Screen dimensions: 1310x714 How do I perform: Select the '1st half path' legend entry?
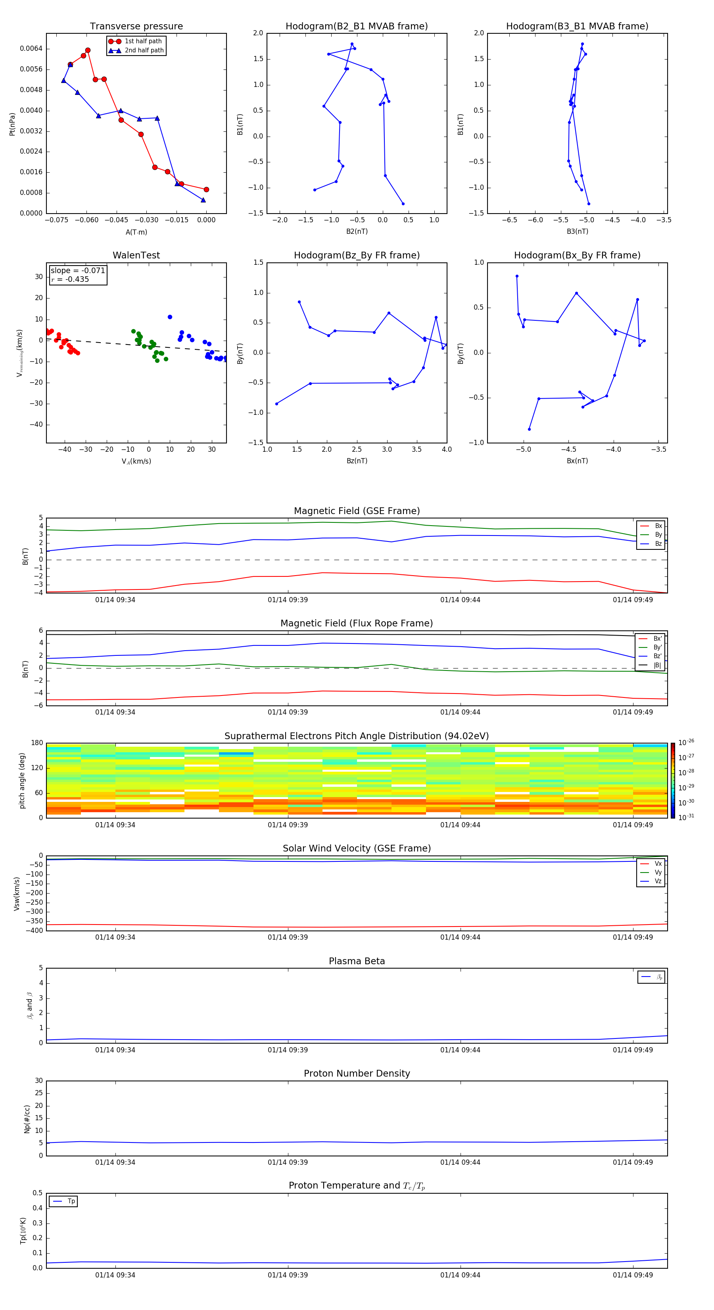143,41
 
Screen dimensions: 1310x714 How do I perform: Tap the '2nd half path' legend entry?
144,50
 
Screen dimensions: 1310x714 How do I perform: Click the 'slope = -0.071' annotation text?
78,271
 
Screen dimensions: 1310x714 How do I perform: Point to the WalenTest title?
136,255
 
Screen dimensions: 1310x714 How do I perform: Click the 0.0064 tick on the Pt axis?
31,49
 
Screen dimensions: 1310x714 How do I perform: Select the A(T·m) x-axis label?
136,232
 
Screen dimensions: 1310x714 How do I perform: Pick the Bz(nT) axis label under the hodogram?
357,461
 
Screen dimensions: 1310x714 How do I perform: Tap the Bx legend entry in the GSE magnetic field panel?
658,526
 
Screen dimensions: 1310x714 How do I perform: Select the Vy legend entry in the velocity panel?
658,872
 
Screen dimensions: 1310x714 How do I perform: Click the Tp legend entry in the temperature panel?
71,1201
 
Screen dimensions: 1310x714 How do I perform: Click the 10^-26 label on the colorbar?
686,742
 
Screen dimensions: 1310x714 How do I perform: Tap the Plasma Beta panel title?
356,961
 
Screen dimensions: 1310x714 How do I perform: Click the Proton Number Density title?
356,1073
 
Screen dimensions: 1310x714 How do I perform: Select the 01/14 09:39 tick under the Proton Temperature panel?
288,1275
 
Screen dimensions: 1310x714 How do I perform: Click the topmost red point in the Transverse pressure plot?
88,50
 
